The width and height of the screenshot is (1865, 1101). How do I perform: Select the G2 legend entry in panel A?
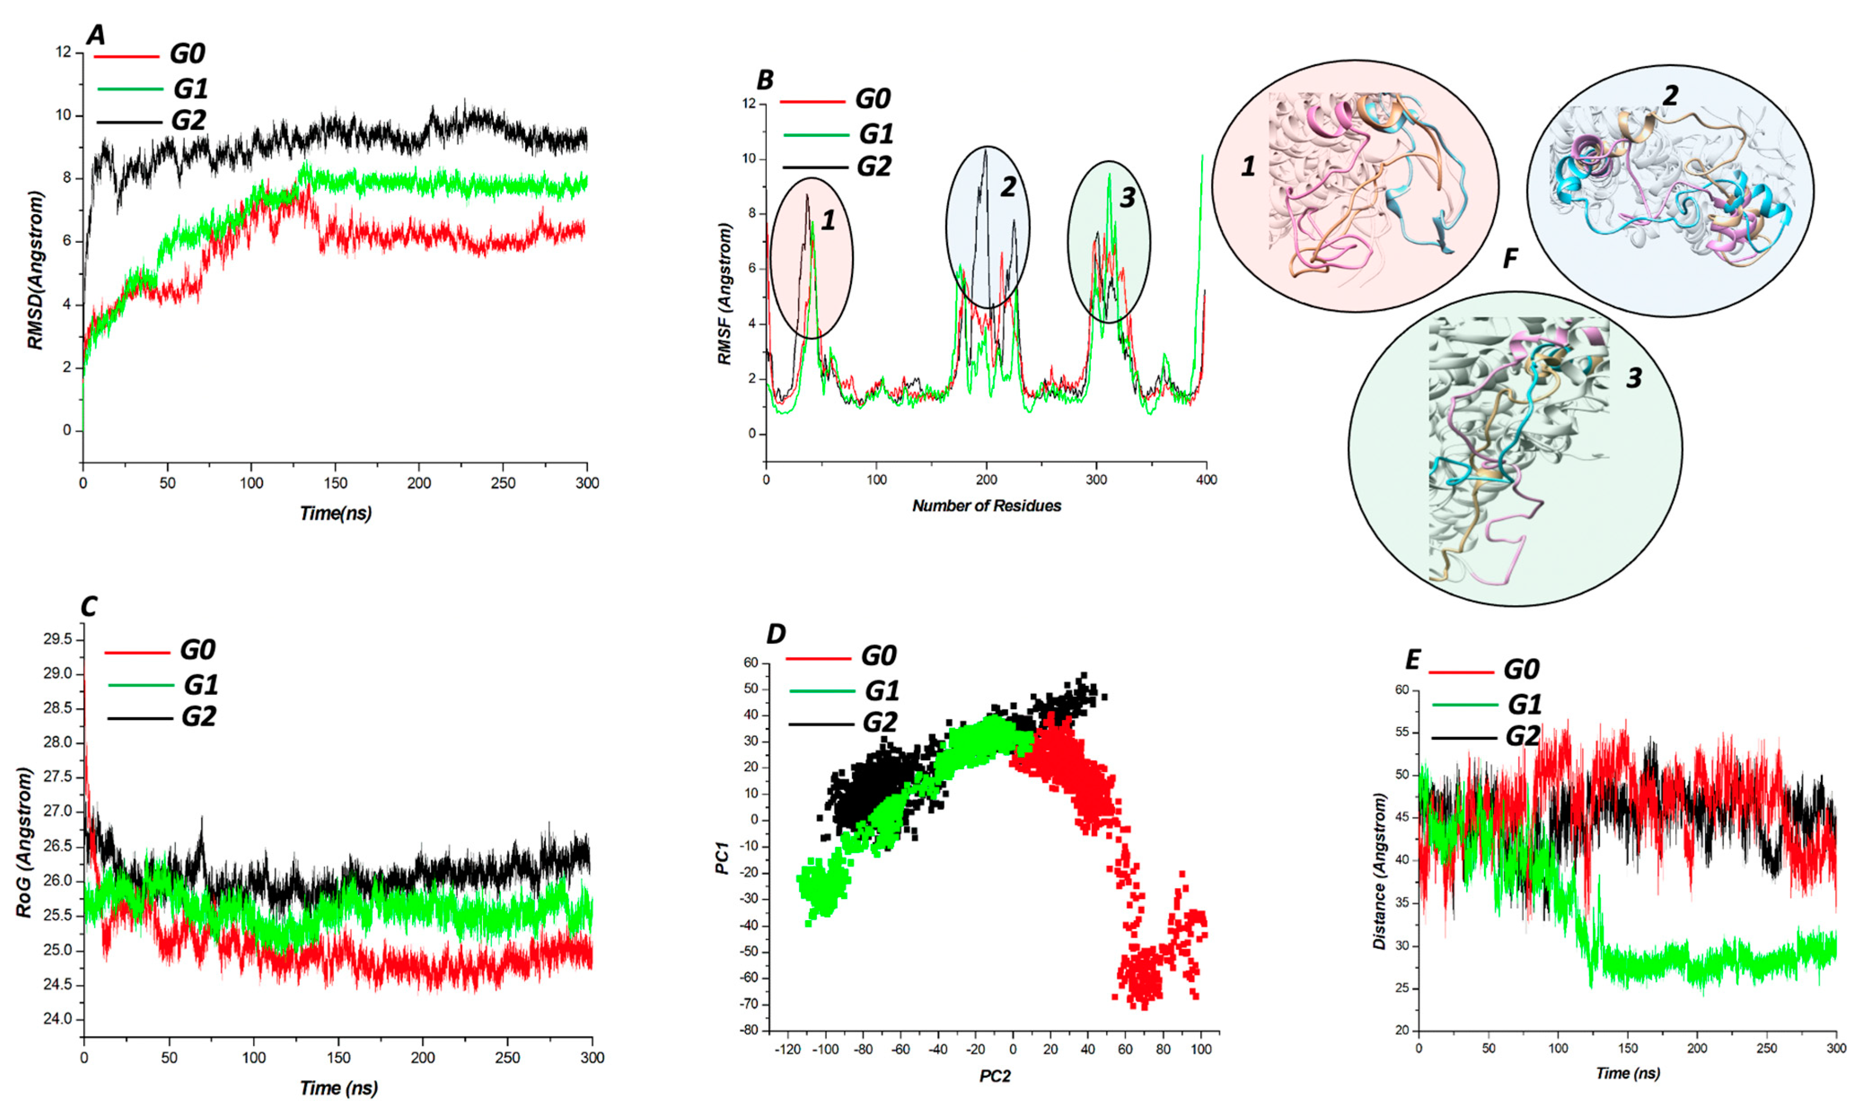pos(188,120)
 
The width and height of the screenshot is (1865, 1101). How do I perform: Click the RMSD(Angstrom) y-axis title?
pos(35,270)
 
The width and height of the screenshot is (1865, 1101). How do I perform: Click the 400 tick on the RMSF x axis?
pos(1206,480)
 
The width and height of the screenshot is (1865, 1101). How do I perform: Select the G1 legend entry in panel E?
pos(1524,704)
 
